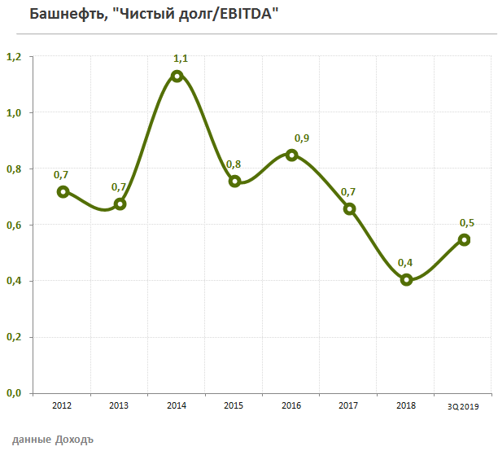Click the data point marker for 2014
177,76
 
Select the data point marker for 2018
407,280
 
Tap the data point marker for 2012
63,191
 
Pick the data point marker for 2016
292,155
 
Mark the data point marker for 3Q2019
464,239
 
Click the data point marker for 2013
120,204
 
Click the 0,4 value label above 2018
404,262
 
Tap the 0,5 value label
468,222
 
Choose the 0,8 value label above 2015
234,164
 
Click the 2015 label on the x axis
234,405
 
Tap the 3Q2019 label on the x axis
464,405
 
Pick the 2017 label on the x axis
348,405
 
